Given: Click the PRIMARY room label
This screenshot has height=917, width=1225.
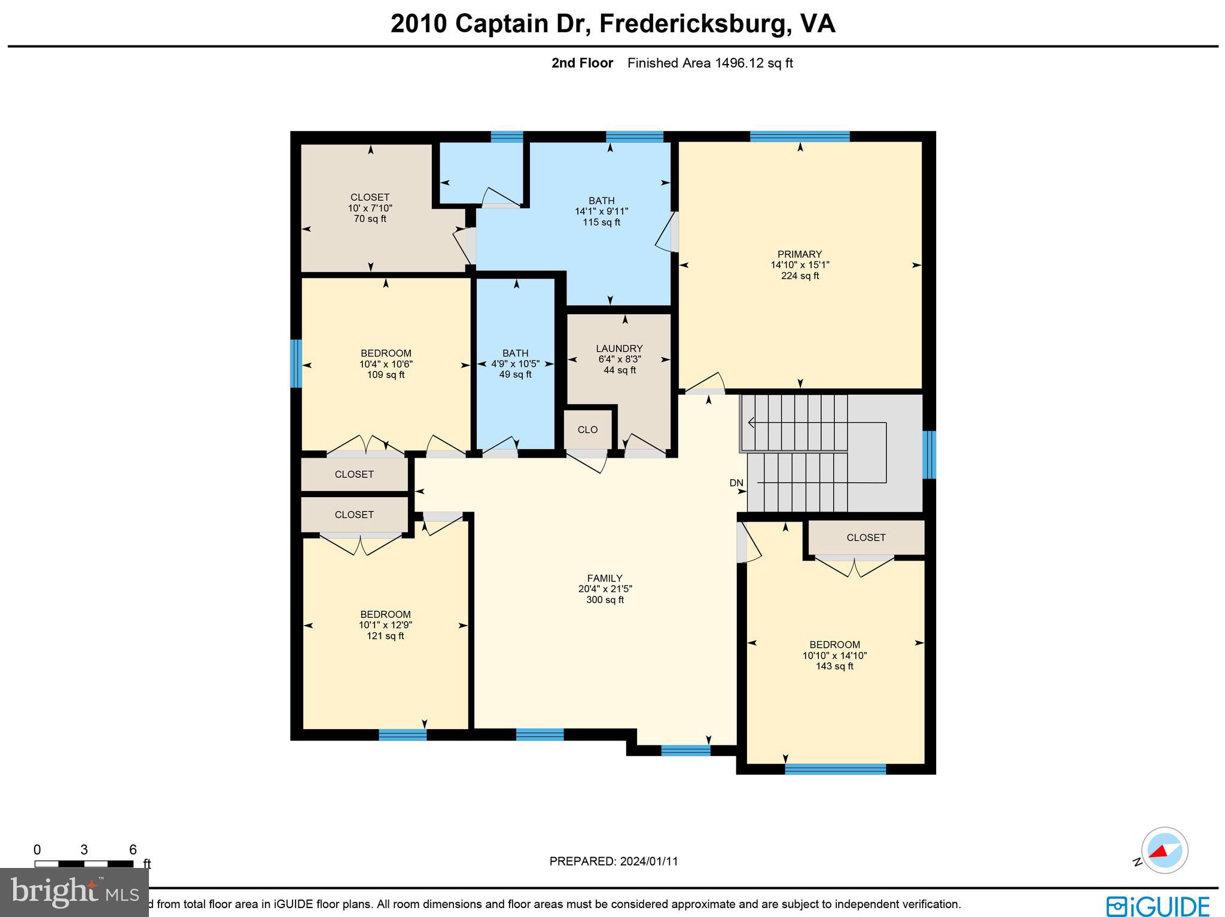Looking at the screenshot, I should coord(799,254).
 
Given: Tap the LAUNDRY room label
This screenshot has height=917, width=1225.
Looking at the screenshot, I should coord(619,349).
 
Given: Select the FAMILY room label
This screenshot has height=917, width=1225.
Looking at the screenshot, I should coord(605,578).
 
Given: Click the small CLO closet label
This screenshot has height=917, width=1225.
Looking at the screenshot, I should coord(587,429).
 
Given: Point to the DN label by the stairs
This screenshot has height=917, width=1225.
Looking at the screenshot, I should coord(736,483).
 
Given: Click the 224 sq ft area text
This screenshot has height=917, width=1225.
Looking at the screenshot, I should coord(800,276).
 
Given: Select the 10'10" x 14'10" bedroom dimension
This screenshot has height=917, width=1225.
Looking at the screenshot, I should coord(834,656).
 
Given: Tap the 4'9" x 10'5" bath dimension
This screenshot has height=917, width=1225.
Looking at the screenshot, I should coord(515,364).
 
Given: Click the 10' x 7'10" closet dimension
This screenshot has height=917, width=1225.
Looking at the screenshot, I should coord(370,208).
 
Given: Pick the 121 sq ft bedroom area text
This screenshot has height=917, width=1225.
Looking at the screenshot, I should coord(385,636).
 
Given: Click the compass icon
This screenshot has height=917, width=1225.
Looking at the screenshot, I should coord(1164,850).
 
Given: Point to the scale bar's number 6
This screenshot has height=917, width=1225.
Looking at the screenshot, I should coord(133,850).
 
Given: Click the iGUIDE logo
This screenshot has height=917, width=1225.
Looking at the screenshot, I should coord(1158,906).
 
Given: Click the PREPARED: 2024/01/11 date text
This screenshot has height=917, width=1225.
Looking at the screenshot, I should coord(614,861).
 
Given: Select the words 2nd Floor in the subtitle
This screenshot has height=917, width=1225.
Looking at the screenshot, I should coord(582,63).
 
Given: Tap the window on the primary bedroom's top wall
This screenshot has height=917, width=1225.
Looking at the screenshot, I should coord(800,136).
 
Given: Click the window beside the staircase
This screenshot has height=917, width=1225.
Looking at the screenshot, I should coord(929,455).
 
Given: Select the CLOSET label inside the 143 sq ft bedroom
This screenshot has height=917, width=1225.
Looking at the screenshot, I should coord(866,538).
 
